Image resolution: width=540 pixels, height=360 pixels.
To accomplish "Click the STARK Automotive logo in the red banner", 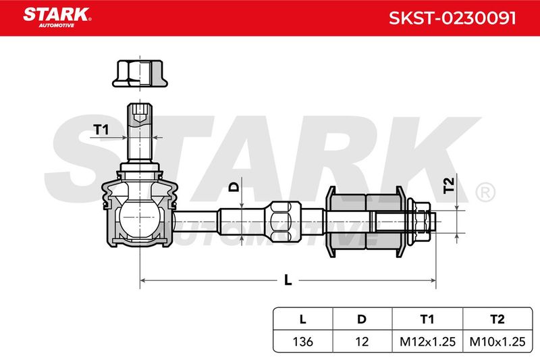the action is tap(57, 18).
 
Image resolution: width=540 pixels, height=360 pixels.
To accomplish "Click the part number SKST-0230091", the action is tap(452, 18).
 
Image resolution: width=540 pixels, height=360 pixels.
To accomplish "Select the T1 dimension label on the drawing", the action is tap(101, 130).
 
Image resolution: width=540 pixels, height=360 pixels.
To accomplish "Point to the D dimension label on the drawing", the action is tap(234, 187).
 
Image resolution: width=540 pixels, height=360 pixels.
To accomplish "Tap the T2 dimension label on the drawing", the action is tap(449, 185).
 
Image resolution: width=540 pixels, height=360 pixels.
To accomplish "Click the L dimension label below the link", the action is tap(288, 280).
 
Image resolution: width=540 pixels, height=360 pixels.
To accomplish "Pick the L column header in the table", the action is tap(302, 319).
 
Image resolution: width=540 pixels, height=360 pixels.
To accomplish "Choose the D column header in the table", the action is tap(362, 319).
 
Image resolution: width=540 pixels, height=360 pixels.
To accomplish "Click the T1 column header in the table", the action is tap(427, 319).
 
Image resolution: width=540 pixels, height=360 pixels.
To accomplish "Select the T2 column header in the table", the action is tap(497, 319).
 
